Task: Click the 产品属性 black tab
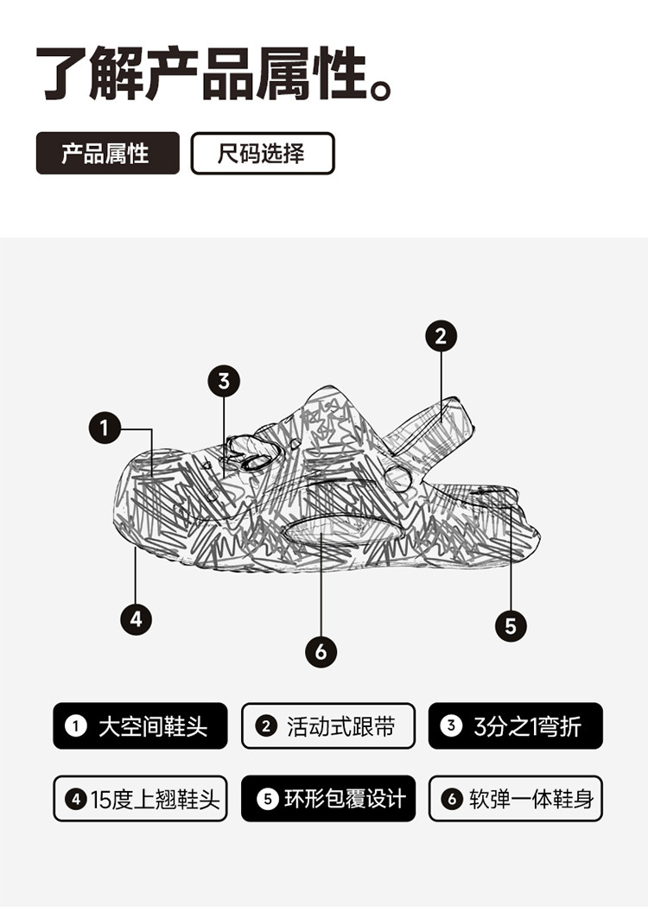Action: (x=108, y=154)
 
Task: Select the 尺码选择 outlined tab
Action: (x=263, y=154)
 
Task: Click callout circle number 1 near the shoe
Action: (x=105, y=428)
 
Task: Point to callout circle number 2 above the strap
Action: (x=441, y=336)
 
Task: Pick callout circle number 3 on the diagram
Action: (x=224, y=382)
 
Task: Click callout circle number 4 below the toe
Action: (x=137, y=619)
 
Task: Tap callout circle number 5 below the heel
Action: (x=511, y=626)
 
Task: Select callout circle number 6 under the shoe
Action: (x=321, y=652)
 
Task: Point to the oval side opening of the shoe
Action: (x=342, y=531)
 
